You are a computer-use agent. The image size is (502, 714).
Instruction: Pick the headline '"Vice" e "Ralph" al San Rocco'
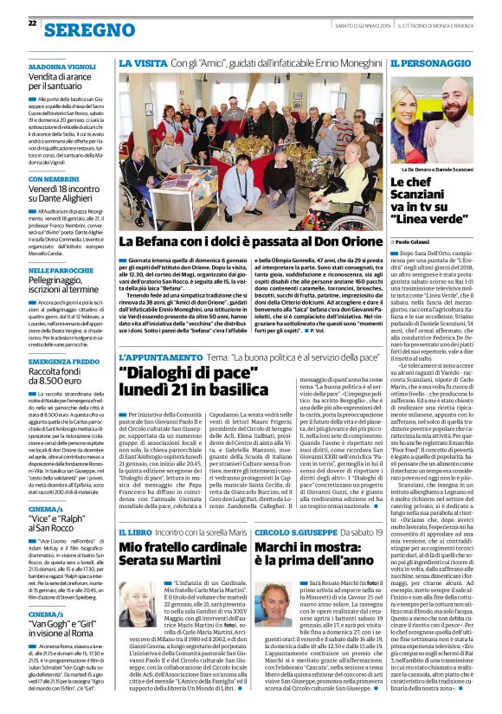coord(59,520)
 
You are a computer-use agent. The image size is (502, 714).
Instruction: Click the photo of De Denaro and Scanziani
coord(441,119)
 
